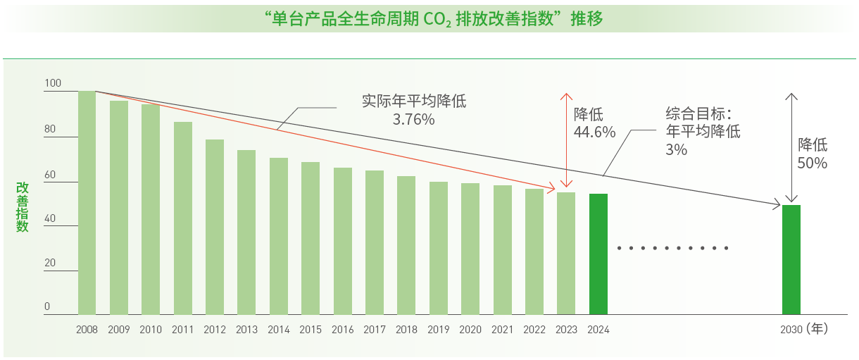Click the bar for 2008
tap(87, 203)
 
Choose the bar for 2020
tap(470, 249)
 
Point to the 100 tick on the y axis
tap(53, 83)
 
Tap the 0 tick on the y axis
tap(47, 306)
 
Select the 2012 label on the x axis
tap(215, 329)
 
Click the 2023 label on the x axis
tap(566, 329)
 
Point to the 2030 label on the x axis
tap(791, 329)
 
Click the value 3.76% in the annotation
tap(413, 119)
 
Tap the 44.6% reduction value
tap(594, 132)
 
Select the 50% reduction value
tap(812, 163)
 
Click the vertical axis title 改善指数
tap(23, 207)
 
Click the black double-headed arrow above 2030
tap(792, 148)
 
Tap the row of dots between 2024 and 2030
tap(672, 248)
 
